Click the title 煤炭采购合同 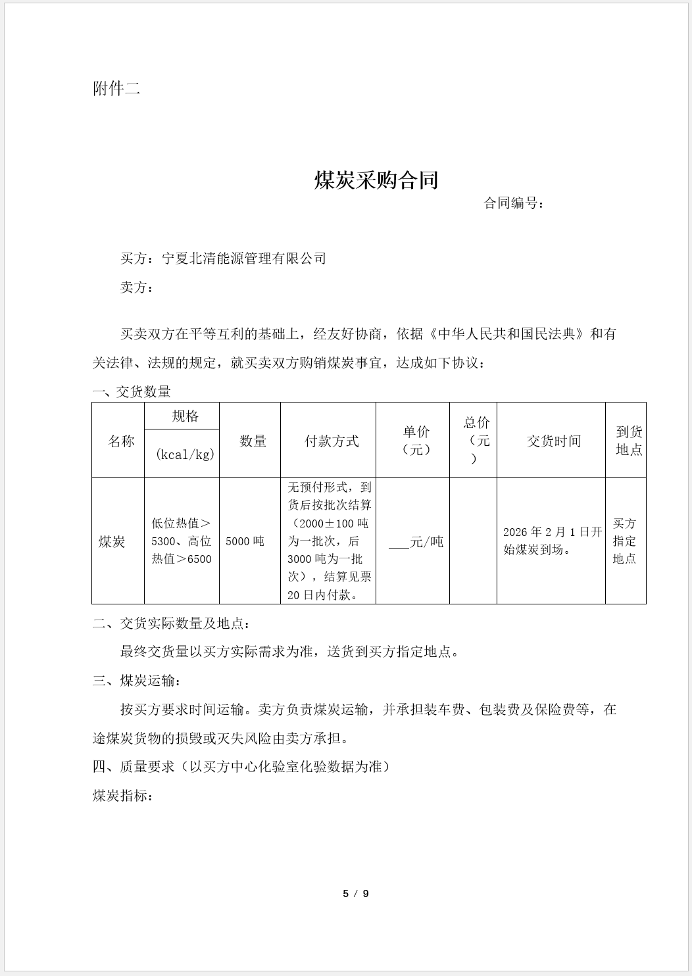(x=376, y=180)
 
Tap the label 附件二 (x=116, y=89)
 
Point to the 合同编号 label (x=514, y=203)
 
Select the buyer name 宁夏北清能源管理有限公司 (x=244, y=258)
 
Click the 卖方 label (x=136, y=287)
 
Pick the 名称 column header (x=121, y=441)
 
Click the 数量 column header (x=253, y=441)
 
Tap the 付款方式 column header (x=332, y=441)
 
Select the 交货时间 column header (x=554, y=441)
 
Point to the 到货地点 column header (x=629, y=441)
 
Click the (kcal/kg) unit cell (x=185, y=454)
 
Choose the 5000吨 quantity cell (x=245, y=541)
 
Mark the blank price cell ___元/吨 (x=416, y=542)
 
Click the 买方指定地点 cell (x=624, y=541)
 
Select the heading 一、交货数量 (x=132, y=392)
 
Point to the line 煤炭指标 (x=123, y=796)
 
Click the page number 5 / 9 (x=356, y=893)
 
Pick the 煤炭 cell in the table (x=112, y=542)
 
